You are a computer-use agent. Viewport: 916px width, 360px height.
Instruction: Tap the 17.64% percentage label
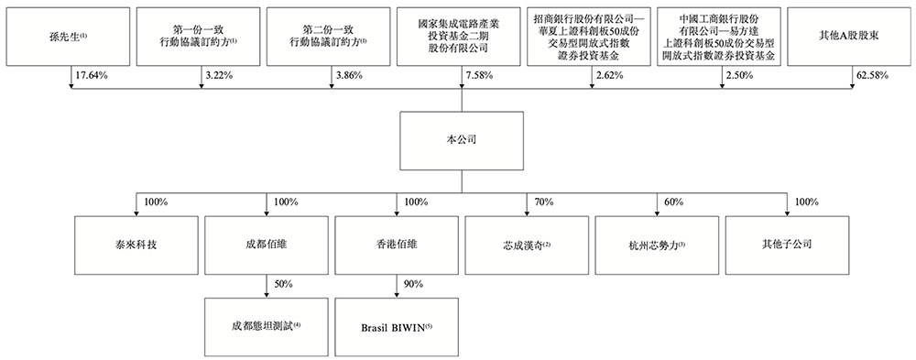(x=92, y=74)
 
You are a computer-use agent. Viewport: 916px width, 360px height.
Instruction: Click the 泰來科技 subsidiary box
(x=134, y=245)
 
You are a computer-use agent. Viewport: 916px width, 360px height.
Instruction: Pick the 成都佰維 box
(x=265, y=245)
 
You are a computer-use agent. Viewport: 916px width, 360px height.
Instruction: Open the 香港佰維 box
(x=395, y=245)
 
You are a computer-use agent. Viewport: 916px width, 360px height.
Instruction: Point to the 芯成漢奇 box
(x=526, y=245)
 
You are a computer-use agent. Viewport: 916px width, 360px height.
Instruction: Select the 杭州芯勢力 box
(x=656, y=245)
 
